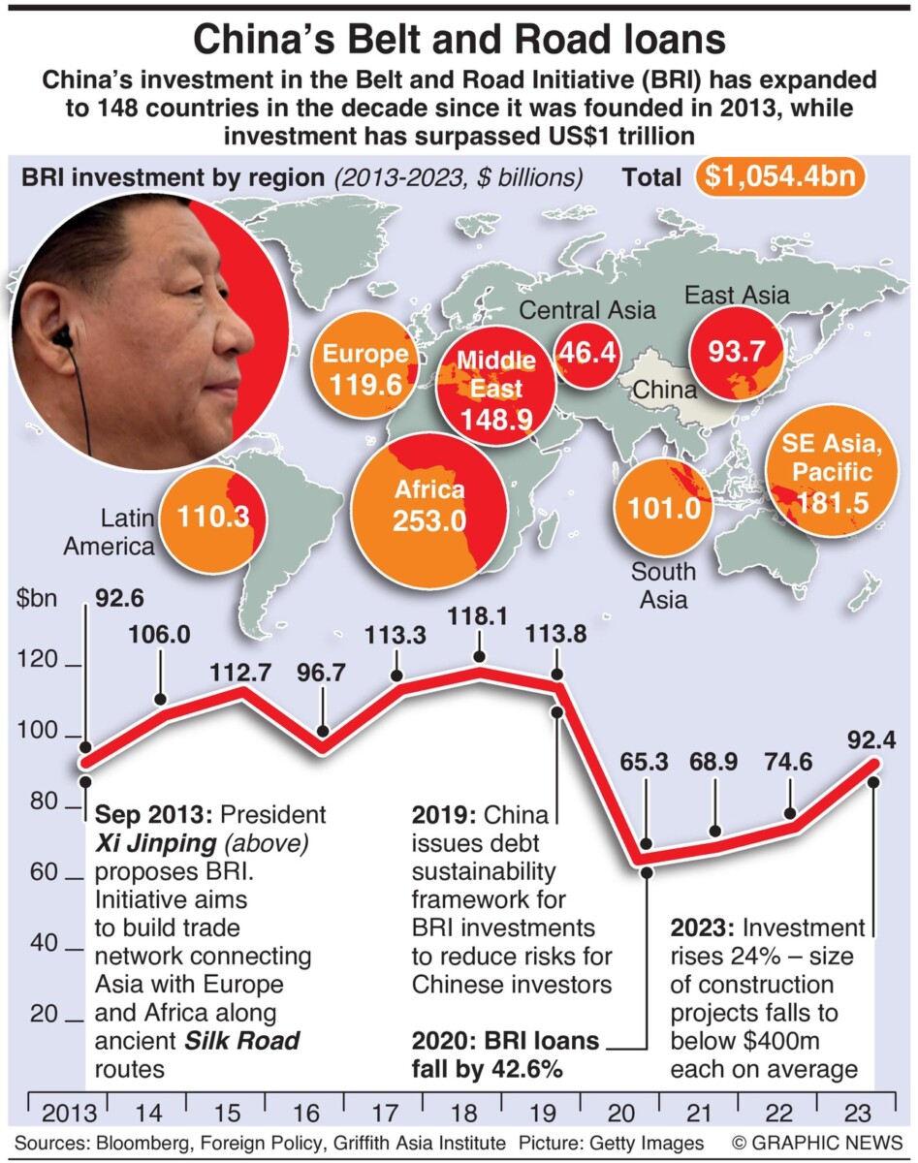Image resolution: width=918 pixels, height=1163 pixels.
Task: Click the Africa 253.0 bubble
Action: click(x=428, y=506)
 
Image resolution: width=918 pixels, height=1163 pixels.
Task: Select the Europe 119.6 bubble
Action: click(x=364, y=371)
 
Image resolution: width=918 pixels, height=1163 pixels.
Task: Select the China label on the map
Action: click(x=664, y=391)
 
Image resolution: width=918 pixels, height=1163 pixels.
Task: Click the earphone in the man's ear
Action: click(x=64, y=337)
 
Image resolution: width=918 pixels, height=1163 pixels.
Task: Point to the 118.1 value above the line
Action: click(x=479, y=617)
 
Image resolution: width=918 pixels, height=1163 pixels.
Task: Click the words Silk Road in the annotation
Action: click(x=241, y=1041)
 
